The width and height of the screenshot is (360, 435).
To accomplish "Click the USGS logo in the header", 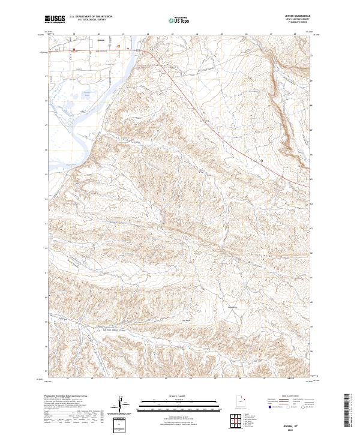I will pyautogui.click(x=55, y=20).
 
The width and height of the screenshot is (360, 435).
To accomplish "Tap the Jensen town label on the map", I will pyautogui.click(x=100, y=41).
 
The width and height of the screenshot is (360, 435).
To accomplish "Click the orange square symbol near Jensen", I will pyautogui.click(x=119, y=46).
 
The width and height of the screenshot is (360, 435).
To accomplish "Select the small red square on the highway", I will pyautogui.click(x=74, y=50).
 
